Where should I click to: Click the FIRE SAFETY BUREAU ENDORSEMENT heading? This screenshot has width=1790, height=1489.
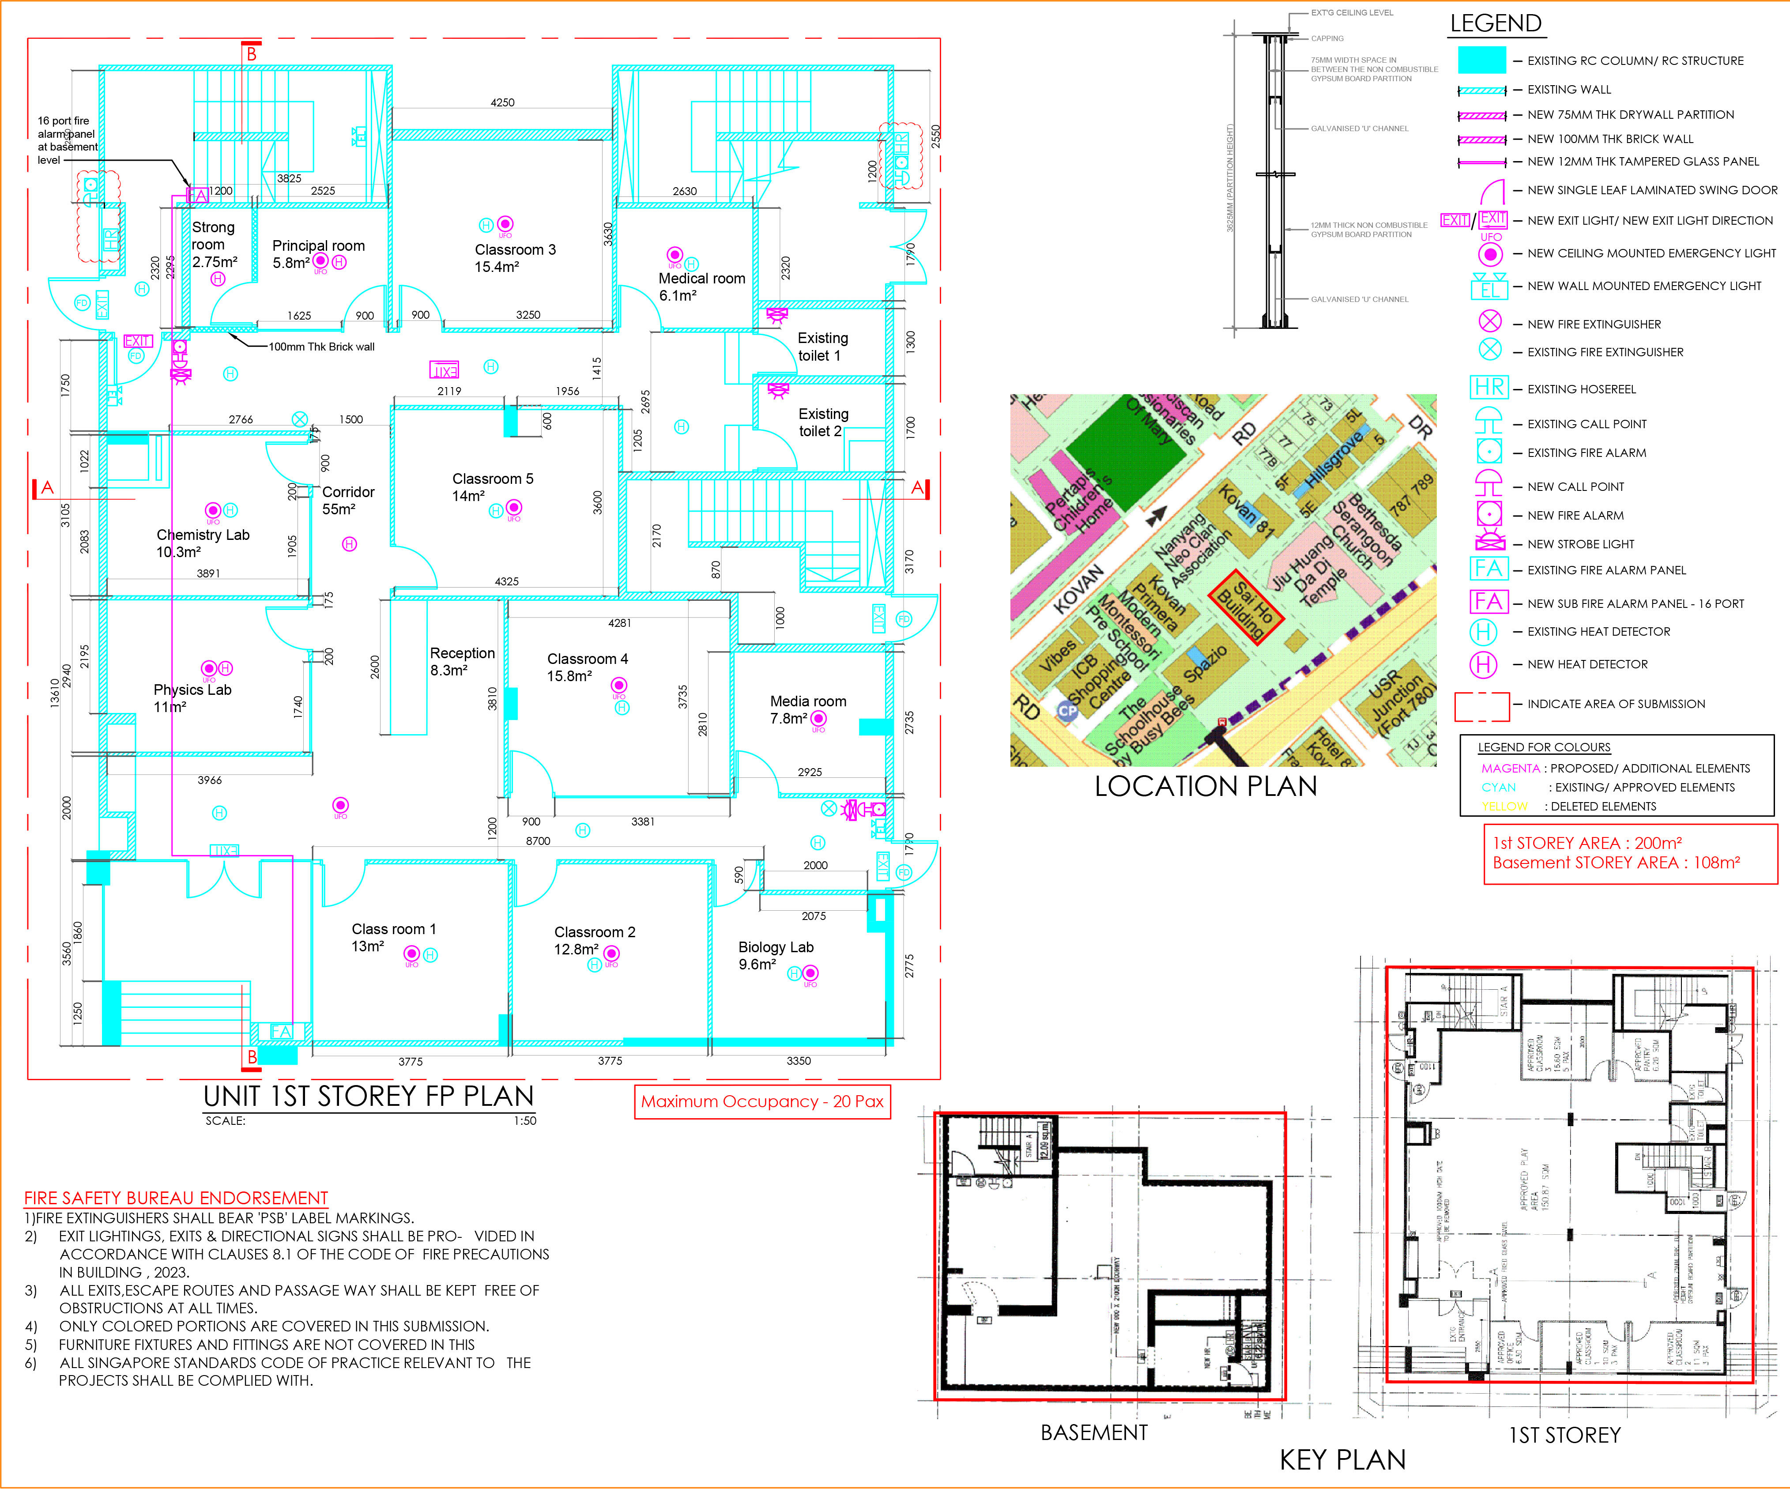[176, 1198]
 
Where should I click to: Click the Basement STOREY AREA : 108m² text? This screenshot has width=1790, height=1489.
[1616, 863]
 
